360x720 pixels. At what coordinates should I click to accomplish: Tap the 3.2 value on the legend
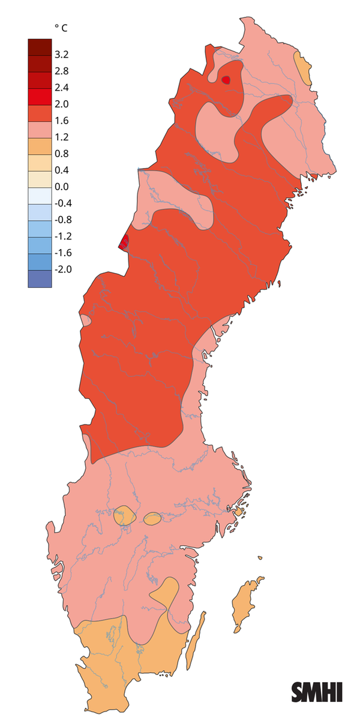coord(62,55)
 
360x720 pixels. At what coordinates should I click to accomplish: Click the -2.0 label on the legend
coord(63,269)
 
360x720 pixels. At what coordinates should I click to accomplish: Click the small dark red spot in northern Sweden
coord(226,80)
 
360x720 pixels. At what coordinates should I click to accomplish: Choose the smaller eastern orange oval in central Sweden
coord(152,518)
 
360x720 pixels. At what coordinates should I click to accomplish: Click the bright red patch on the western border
coord(124,242)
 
